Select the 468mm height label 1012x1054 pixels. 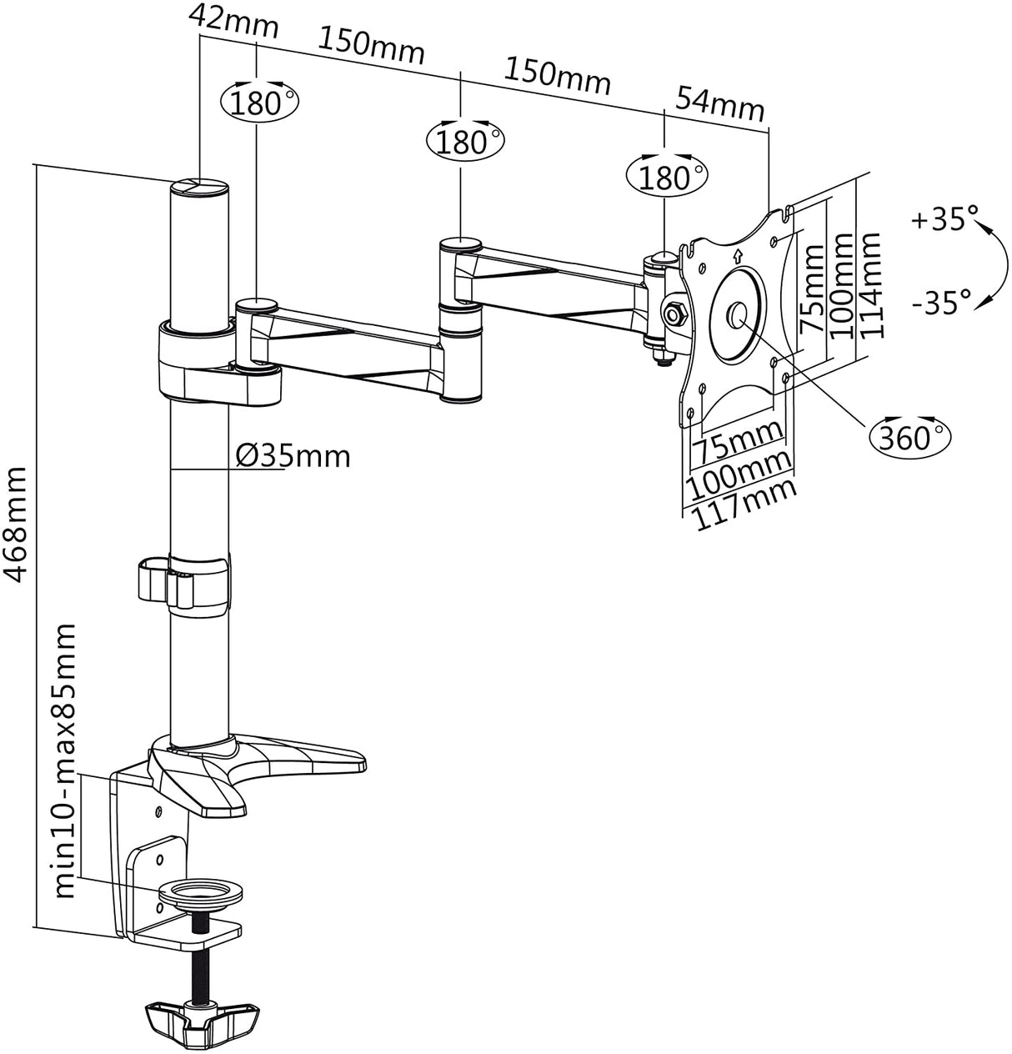(x=15, y=524)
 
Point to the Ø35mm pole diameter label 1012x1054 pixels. (x=293, y=456)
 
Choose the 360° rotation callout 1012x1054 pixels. (x=909, y=436)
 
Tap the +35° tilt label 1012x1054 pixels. (x=944, y=219)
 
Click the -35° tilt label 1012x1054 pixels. (x=942, y=303)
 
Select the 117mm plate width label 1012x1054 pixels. (x=744, y=504)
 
